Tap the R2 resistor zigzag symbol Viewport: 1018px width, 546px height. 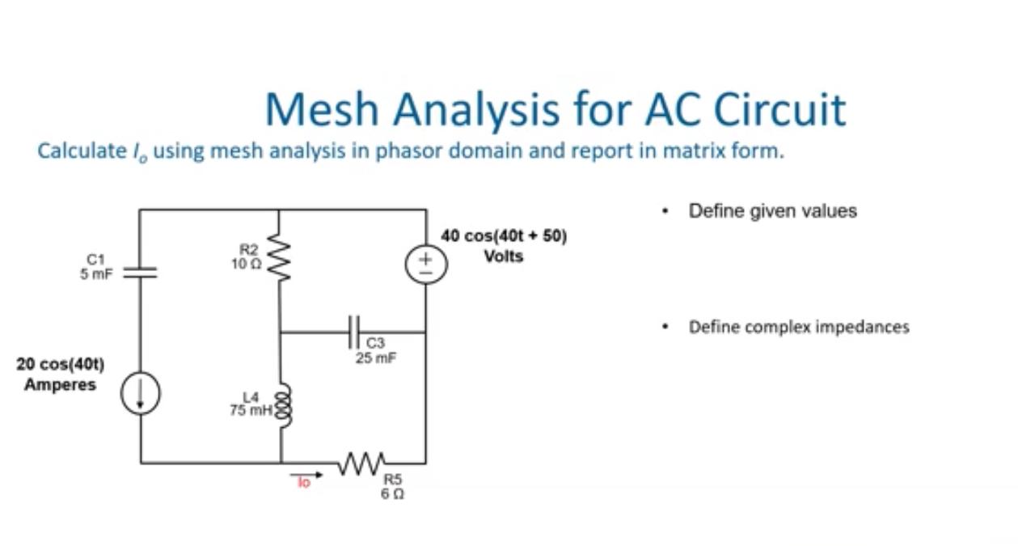click(x=280, y=255)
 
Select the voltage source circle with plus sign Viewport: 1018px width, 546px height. click(x=426, y=264)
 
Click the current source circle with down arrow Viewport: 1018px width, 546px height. click(x=141, y=394)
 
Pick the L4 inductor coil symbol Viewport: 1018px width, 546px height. click(x=281, y=402)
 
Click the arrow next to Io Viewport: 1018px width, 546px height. click(x=311, y=476)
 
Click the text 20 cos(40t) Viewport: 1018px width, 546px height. click(x=60, y=365)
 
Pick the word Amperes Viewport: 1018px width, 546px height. click(x=60, y=385)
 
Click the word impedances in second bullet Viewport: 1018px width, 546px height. click(x=866, y=327)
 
